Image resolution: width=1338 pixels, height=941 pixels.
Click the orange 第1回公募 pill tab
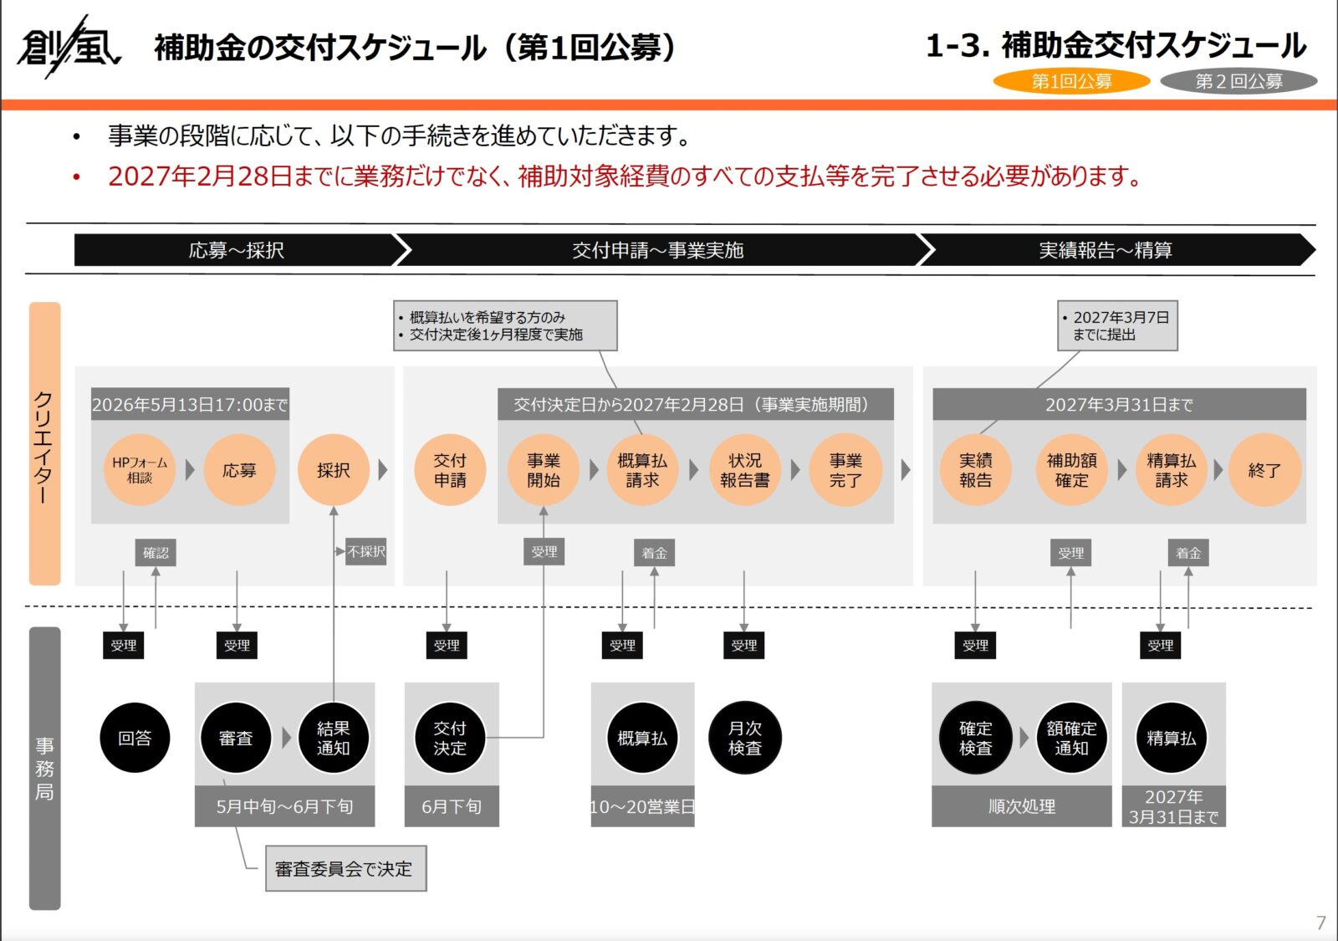pyautogui.click(x=1071, y=81)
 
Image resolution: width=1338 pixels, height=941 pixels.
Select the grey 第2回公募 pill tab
pyautogui.click(x=1238, y=81)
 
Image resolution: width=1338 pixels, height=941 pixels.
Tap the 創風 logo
pyautogui.click(x=69, y=47)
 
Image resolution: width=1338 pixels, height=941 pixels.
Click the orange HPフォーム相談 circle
pyautogui.click(x=140, y=470)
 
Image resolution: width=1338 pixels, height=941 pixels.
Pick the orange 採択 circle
pyautogui.click(x=333, y=470)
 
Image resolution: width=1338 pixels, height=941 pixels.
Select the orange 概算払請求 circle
pyautogui.click(x=642, y=470)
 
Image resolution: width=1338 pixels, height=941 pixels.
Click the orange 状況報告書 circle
pyautogui.click(x=744, y=470)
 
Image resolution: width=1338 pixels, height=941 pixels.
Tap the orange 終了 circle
pyautogui.click(x=1264, y=470)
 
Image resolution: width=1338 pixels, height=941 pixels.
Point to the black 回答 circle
pyautogui.click(x=135, y=738)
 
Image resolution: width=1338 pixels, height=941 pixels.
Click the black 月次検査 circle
pyautogui.click(x=744, y=738)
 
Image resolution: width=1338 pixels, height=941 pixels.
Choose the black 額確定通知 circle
pyautogui.click(x=1071, y=738)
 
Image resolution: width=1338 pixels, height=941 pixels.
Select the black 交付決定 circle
pyautogui.click(x=450, y=738)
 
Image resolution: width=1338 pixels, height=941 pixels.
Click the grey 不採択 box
pyautogui.click(x=366, y=552)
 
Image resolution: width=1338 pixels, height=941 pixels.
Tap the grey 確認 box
pyautogui.click(x=156, y=553)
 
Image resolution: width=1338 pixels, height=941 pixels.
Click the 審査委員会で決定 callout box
pyautogui.click(x=345, y=869)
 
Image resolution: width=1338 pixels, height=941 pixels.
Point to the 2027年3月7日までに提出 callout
pyautogui.click(x=1117, y=325)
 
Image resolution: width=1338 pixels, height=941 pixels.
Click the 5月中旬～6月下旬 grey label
pyautogui.click(x=284, y=806)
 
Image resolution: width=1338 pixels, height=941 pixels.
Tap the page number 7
pyautogui.click(x=1320, y=923)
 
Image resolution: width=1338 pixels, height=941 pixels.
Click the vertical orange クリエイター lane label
pyautogui.click(x=44, y=443)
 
